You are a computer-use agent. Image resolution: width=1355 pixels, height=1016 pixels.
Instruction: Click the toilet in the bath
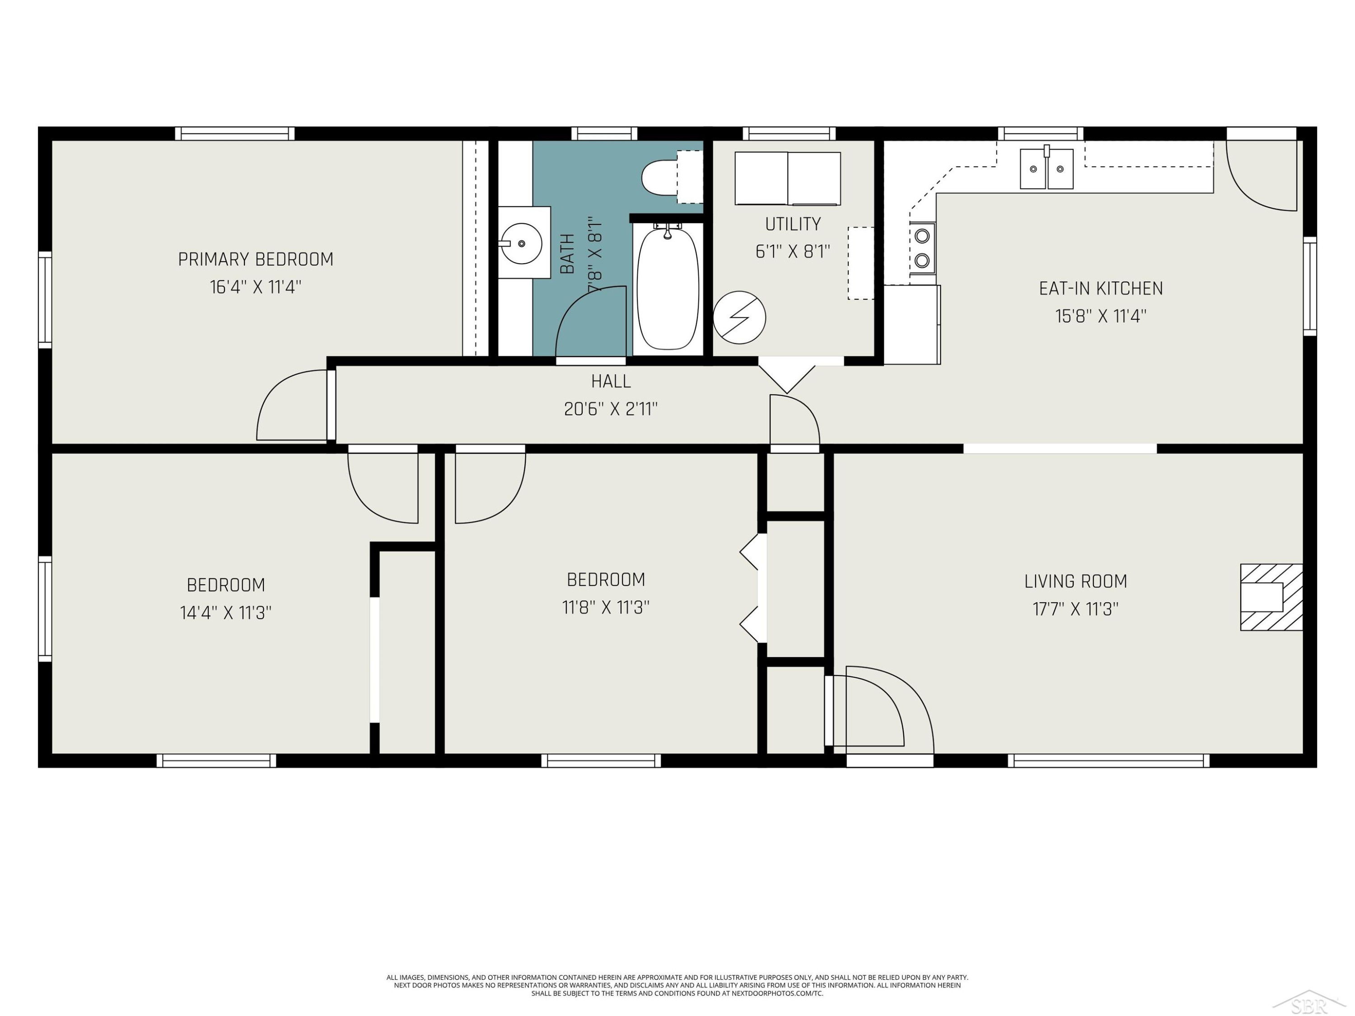(x=671, y=177)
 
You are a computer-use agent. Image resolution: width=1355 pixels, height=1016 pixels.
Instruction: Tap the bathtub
(x=668, y=288)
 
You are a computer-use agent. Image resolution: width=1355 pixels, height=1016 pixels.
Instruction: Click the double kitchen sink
(x=1046, y=168)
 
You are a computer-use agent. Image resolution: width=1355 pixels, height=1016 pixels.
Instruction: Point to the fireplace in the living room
(x=1271, y=597)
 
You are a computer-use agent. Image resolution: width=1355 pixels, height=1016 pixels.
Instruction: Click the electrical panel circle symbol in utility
(x=739, y=317)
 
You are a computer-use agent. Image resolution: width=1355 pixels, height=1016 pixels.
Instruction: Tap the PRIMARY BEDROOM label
(x=256, y=260)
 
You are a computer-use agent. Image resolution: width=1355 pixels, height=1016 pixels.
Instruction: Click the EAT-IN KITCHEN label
(x=1101, y=289)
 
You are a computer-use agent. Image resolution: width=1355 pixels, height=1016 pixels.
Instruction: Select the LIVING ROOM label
(x=1076, y=581)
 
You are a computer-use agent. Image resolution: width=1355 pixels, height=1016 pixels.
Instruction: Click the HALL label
(x=611, y=382)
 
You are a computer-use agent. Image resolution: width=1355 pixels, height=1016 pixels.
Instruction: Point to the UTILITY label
(x=793, y=224)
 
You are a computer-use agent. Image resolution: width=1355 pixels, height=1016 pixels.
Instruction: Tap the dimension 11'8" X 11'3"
(x=606, y=607)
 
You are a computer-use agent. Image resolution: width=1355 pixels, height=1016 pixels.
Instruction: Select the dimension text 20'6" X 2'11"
(x=611, y=409)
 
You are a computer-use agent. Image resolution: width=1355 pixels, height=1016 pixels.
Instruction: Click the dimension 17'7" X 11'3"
(x=1076, y=609)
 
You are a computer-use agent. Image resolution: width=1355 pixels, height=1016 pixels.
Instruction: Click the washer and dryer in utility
(x=788, y=178)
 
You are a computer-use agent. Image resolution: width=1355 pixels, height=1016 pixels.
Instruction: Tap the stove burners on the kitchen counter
(x=922, y=248)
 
